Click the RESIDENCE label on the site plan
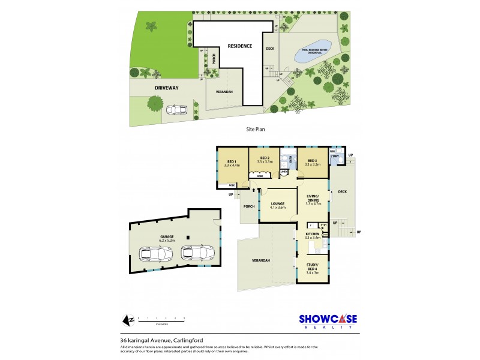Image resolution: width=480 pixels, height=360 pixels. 239,46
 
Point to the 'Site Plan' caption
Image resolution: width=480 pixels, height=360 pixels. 256,128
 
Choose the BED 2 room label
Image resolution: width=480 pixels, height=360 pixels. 265,160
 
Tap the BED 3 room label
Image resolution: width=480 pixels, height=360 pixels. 311,161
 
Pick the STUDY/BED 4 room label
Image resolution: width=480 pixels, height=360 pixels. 313,268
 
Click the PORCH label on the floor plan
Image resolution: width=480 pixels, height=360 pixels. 249,207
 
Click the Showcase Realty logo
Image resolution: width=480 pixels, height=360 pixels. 328,321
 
